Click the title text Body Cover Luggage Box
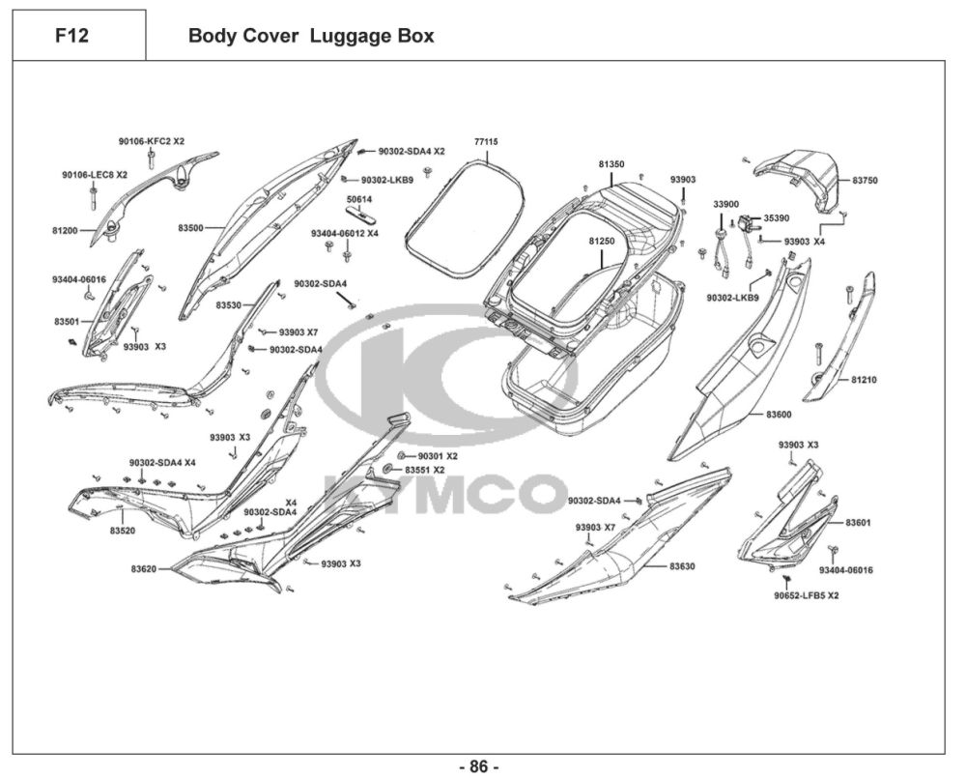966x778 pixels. point(310,37)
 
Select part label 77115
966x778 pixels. point(486,141)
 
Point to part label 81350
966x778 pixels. point(611,164)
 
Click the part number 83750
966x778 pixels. point(865,181)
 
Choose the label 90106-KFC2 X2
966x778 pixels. point(152,141)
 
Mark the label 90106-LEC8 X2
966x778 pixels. point(95,174)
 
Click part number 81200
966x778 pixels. point(66,231)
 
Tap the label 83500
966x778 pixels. point(190,228)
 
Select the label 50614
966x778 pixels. point(359,199)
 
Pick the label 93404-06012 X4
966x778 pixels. point(344,234)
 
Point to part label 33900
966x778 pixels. point(725,204)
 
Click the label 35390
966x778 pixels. point(777,218)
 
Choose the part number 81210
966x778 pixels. point(864,380)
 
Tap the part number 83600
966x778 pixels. point(779,414)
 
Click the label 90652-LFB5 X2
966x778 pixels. point(806,595)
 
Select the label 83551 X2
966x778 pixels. point(424,470)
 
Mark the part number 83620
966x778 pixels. point(144,568)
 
